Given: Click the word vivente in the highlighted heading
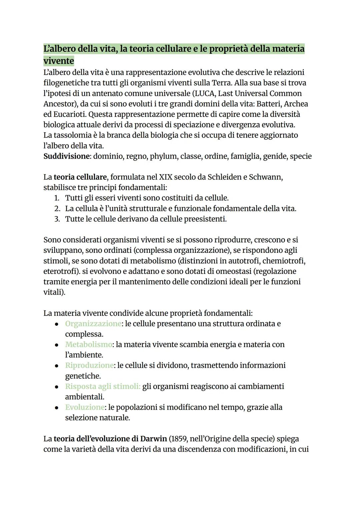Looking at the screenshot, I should (59, 61).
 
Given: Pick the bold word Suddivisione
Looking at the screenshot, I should (67, 156).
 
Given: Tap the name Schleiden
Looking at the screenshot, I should (224, 177).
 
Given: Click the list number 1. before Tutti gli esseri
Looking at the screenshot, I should (57, 198).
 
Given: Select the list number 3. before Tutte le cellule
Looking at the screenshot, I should (57, 219).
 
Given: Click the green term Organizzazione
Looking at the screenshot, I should (93, 324).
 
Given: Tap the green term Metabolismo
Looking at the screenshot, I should (88, 344).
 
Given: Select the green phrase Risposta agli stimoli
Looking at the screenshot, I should (103, 386).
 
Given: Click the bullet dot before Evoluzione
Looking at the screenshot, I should (57, 407).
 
